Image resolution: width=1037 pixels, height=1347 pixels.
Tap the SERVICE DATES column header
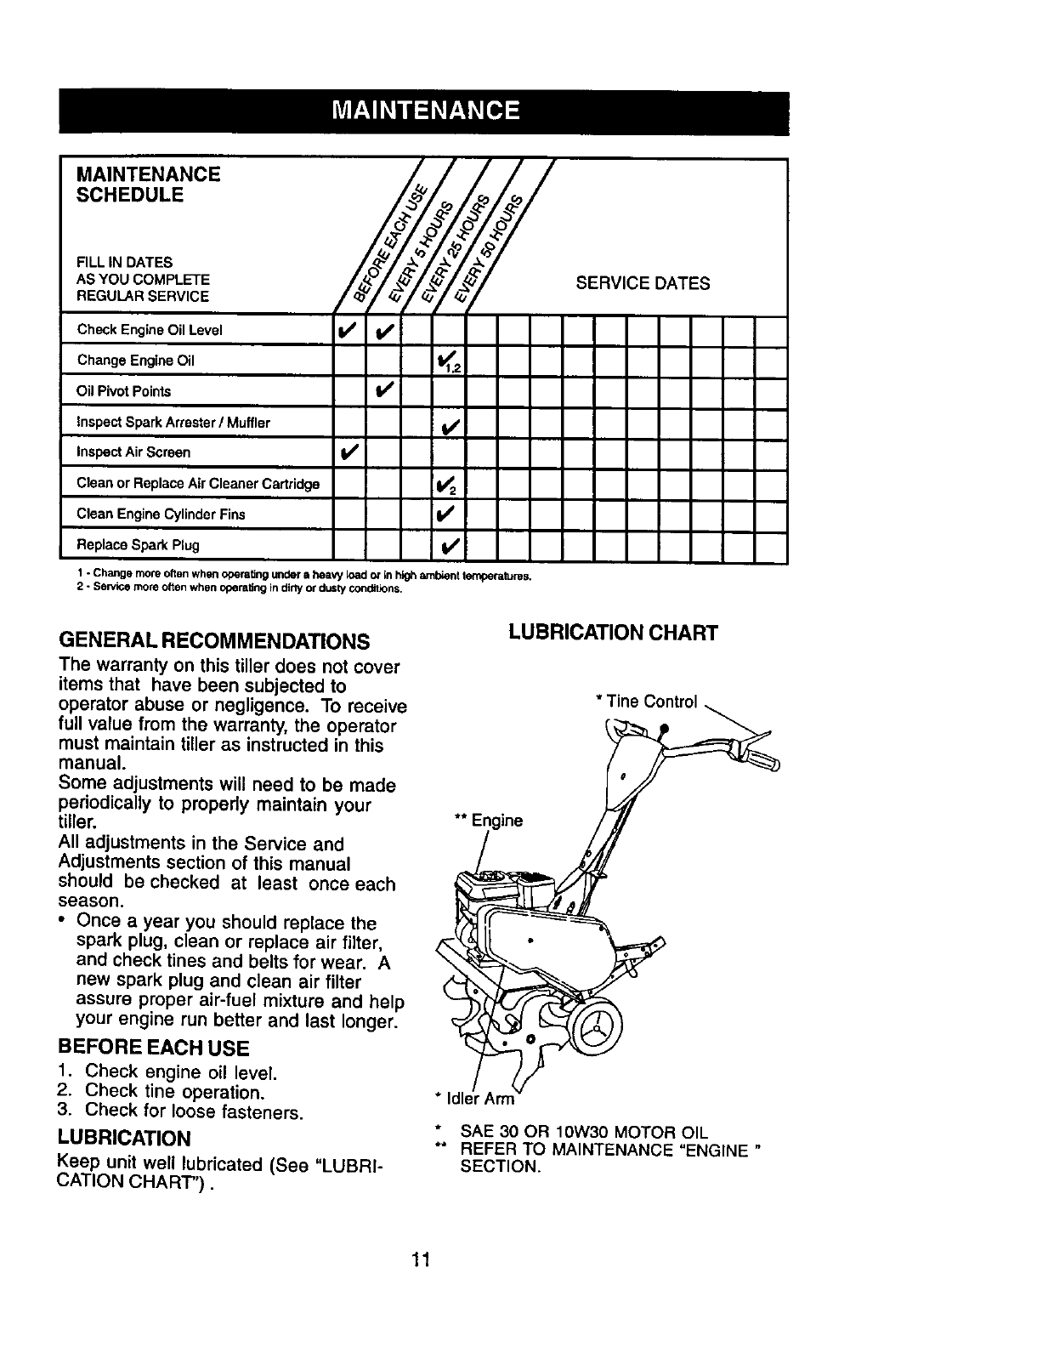click(x=643, y=283)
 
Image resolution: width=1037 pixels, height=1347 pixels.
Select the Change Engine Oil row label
click(x=136, y=361)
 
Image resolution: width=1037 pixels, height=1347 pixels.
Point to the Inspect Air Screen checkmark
click(x=348, y=452)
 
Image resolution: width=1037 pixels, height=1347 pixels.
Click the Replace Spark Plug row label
click(x=139, y=544)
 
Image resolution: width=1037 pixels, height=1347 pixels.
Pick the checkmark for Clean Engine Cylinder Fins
click(x=447, y=514)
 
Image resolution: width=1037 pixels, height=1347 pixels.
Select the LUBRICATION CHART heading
click(x=613, y=633)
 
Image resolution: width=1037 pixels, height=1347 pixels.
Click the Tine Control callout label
click(x=647, y=702)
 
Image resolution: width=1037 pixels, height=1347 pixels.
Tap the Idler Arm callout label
click(x=474, y=1099)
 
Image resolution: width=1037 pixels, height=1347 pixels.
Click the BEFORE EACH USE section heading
click(x=153, y=1047)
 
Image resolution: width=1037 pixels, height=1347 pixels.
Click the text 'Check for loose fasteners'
click(x=194, y=1111)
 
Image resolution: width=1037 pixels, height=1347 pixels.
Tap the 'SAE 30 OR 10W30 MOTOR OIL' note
click(x=583, y=1133)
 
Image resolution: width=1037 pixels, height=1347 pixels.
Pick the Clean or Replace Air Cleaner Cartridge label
click(x=198, y=484)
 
